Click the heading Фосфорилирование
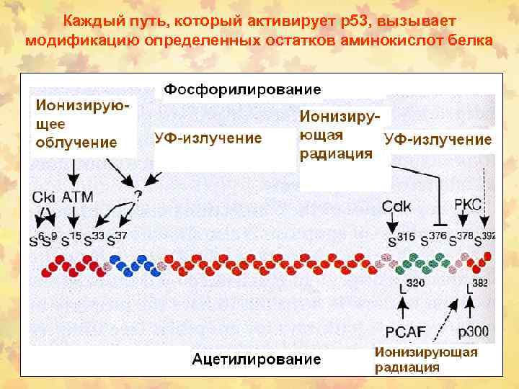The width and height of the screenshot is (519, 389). (x=242, y=89)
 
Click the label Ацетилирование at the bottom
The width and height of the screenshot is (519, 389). (x=257, y=358)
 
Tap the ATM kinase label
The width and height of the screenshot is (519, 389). (x=77, y=196)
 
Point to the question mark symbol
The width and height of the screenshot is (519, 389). (x=138, y=194)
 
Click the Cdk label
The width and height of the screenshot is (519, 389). (x=396, y=206)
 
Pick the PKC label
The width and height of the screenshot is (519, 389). (x=468, y=204)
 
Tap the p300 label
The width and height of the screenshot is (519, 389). (x=474, y=332)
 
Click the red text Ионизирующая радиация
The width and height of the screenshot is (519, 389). (x=425, y=359)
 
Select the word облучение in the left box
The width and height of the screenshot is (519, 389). (x=76, y=142)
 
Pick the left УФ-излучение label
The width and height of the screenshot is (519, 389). (x=208, y=138)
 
